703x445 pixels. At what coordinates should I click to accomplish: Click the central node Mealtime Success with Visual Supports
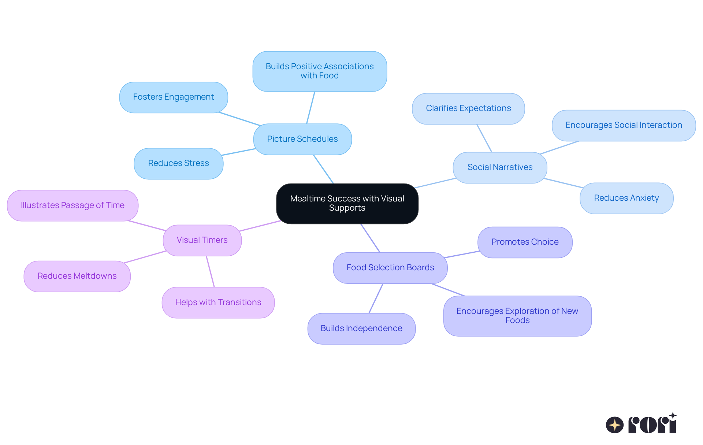(347, 203)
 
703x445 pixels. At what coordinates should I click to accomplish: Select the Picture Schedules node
(302, 139)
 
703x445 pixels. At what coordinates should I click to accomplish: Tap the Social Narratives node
(500, 167)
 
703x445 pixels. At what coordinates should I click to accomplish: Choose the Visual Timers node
(202, 240)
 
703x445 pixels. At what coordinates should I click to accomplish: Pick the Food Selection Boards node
(390, 268)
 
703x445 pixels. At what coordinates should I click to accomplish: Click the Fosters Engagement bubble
(174, 97)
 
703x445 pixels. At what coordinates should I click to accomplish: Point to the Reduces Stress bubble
(179, 163)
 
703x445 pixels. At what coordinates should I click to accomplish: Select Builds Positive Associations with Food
(320, 71)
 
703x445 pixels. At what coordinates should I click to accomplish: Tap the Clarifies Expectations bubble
(468, 108)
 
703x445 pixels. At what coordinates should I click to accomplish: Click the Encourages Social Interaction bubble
(624, 125)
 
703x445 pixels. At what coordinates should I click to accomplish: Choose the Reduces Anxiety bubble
(626, 198)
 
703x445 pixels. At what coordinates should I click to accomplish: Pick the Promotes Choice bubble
(525, 242)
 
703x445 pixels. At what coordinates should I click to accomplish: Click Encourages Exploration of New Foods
(517, 316)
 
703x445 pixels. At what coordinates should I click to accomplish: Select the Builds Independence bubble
(361, 329)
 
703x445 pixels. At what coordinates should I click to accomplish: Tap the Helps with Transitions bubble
(218, 303)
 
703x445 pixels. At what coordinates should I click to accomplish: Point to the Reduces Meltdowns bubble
(77, 276)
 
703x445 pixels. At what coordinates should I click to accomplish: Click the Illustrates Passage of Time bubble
(73, 205)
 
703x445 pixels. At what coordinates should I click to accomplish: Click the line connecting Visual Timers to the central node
(260, 226)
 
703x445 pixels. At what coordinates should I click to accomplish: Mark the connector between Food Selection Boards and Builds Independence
(376, 298)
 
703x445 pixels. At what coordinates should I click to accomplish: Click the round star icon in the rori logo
(615, 425)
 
